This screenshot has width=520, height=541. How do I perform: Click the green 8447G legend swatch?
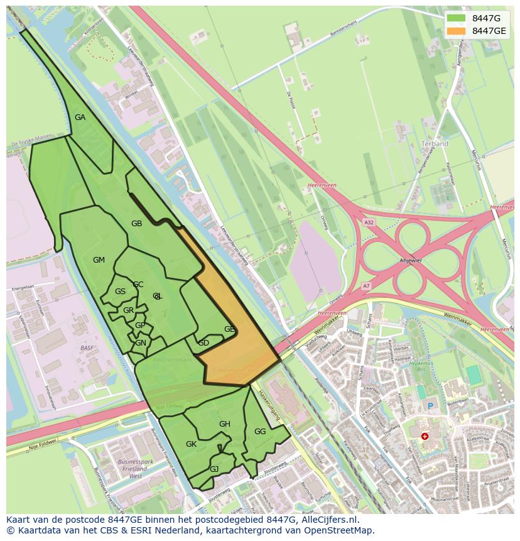457,18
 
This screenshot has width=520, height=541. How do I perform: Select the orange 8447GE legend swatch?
457,31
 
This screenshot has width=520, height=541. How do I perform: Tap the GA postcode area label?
80,117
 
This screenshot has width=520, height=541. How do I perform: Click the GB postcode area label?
136,224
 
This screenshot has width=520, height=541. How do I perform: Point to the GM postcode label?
99,260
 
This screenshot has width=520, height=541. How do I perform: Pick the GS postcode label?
120,292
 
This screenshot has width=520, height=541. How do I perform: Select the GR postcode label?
128,310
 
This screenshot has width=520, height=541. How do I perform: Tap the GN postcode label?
141,343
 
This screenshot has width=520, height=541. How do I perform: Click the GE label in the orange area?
229,329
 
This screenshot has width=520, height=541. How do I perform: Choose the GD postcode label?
203,343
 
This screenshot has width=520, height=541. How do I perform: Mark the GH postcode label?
225,424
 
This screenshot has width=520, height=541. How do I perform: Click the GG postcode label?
260,432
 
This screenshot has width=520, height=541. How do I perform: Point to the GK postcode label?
192,444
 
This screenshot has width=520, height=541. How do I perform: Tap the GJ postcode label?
214,469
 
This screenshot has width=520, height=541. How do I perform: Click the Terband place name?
435,144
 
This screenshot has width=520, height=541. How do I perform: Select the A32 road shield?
369,222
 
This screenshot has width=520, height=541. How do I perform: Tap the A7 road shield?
367,286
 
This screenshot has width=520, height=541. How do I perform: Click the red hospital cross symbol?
425,435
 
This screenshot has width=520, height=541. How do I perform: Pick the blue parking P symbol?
430,406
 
